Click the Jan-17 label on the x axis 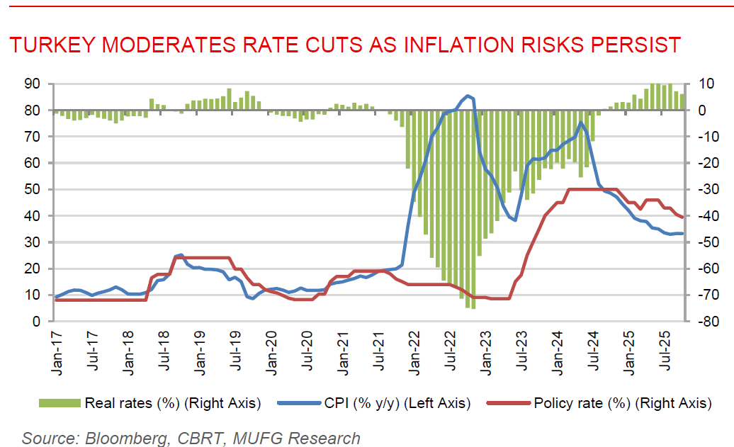[57, 348]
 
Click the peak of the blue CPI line [468, 95]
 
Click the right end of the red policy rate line [682, 217]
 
